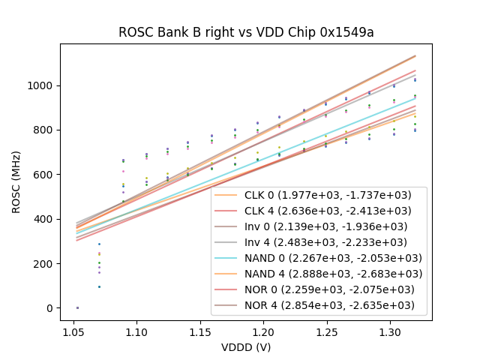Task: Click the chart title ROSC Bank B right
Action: (x=246, y=32)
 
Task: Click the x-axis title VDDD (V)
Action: (x=246, y=347)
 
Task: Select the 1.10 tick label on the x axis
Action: (x=136, y=331)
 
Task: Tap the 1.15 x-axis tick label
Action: (x=199, y=331)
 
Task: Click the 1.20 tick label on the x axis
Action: (x=263, y=331)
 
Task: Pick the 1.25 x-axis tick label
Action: (x=326, y=331)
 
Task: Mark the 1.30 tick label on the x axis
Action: (x=390, y=331)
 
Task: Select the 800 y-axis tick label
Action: (x=44, y=130)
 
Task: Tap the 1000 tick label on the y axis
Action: (x=41, y=85)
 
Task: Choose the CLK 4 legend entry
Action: (x=312, y=211)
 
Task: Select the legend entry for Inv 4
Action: (x=312, y=242)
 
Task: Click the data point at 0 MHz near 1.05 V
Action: (x=77, y=307)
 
